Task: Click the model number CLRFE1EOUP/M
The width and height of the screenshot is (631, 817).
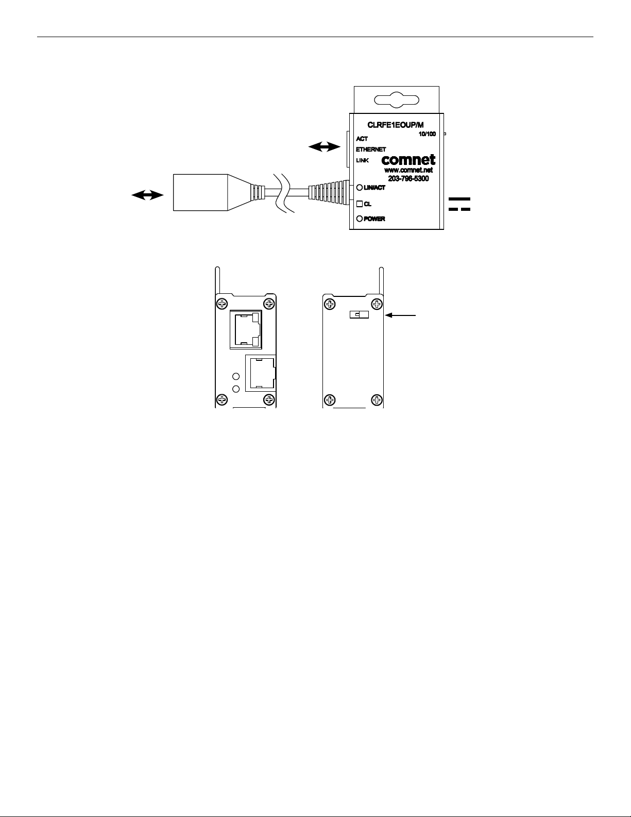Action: (x=395, y=125)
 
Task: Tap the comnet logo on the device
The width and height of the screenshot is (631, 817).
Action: (x=408, y=160)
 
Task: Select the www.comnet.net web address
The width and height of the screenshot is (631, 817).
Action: (x=408, y=170)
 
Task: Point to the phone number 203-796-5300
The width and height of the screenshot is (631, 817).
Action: (x=408, y=179)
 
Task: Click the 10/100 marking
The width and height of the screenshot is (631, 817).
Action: (x=428, y=134)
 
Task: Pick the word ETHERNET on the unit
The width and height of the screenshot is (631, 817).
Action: (x=371, y=149)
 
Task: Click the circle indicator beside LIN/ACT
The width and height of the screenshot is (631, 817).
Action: (x=360, y=188)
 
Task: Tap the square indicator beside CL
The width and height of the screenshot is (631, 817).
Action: (x=360, y=204)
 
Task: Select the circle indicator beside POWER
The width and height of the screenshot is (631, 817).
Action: (x=360, y=219)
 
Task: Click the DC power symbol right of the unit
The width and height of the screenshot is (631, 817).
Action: (x=459, y=204)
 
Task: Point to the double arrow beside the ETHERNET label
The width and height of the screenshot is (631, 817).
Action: (x=323, y=147)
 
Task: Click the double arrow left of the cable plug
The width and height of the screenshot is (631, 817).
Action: (x=147, y=195)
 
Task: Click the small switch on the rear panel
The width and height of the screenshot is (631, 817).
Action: (x=358, y=314)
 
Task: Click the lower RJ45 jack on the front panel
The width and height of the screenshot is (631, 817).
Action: (x=261, y=373)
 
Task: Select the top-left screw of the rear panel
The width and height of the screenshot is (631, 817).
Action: (x=330, y=303)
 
